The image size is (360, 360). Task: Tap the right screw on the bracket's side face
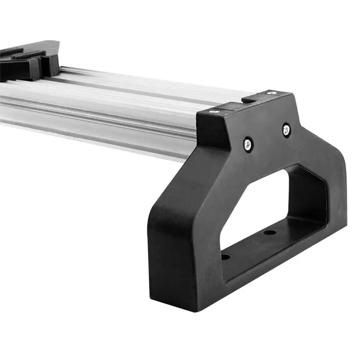pos(286,129)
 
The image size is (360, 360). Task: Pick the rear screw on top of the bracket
pos(270,93)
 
